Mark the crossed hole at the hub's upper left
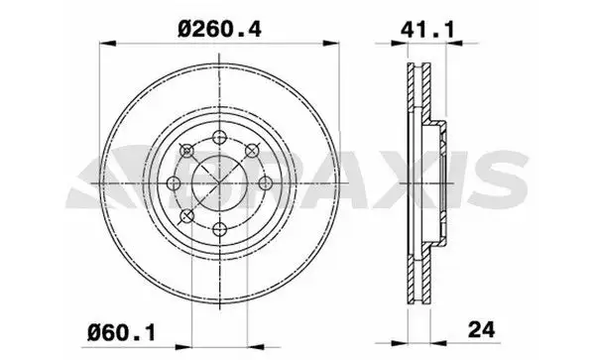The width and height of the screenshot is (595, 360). [x=186, y=151]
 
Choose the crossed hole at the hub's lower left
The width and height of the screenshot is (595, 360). [x=186, y=216]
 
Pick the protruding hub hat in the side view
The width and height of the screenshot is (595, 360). [x=439, y=183]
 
